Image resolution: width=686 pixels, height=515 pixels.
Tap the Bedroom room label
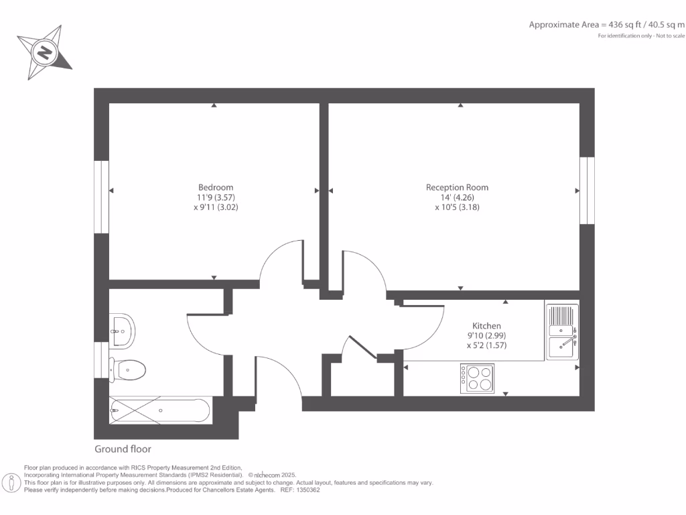(216, 187)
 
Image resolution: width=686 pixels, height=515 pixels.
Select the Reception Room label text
(457, 187)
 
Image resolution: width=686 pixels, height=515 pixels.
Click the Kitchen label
(486, 325)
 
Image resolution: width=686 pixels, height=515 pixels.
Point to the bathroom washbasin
(122, 329)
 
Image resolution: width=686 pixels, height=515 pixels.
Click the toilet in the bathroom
(130, 369)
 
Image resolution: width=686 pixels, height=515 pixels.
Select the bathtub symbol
(159, 410)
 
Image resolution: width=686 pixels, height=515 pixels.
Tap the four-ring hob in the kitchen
(477, 378)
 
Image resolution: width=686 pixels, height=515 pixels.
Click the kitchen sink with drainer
(562, 330)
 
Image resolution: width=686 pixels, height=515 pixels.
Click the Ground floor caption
(123, 449)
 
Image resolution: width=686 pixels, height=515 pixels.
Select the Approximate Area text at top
(607, 25)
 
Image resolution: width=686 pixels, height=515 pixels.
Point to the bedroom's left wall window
(101, 196)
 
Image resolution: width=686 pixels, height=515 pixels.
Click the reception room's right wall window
(587, 190)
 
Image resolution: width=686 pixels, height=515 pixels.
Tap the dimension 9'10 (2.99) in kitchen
(486, 335)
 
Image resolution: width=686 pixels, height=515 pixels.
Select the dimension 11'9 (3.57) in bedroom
(216, 197)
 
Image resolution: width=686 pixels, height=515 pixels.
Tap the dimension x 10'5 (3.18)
(457, 207)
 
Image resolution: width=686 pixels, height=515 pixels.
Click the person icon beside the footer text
(11, 482)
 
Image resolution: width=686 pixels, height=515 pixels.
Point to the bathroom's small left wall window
(101, 360)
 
